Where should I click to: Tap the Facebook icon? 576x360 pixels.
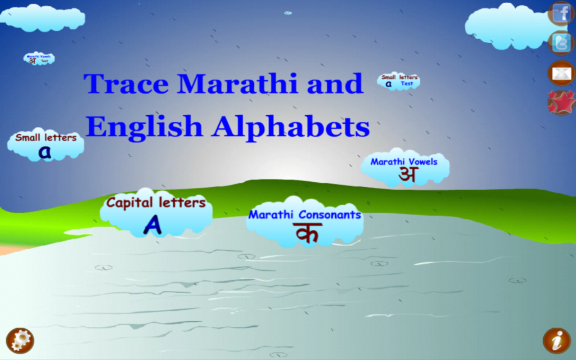[x=561, y=13]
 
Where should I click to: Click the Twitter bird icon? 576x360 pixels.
[x=561, y=43]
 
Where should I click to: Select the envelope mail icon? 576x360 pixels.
[x=561, y=73]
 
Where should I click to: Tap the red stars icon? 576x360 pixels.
[x=561, y=102]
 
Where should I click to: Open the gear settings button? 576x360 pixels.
[x=20, y=340]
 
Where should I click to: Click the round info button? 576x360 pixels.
[x=557, y=341]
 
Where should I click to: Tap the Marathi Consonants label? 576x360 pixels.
[x=305, y=215]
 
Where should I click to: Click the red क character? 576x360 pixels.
[x=307, y=233]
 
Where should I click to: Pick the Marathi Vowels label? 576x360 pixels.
[x=404, y=162]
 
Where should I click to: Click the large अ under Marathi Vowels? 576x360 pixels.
[x=408, y=175]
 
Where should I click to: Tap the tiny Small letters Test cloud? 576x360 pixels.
[x=399, y=81]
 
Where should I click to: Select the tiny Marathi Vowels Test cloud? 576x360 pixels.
[x=39, y=58]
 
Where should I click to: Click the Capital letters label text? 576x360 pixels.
[x=156, y=203]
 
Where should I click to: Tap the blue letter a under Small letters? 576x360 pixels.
[x=45, y=153]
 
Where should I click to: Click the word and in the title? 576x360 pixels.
[x=335, y=84]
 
